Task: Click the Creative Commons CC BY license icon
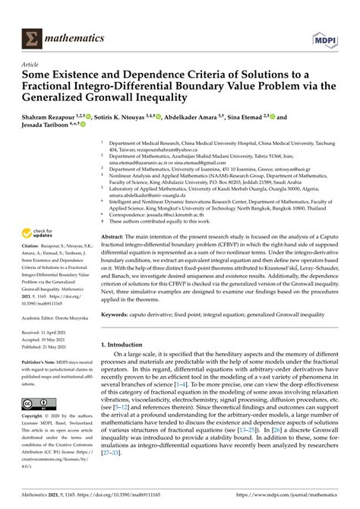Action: coord(37,405)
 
